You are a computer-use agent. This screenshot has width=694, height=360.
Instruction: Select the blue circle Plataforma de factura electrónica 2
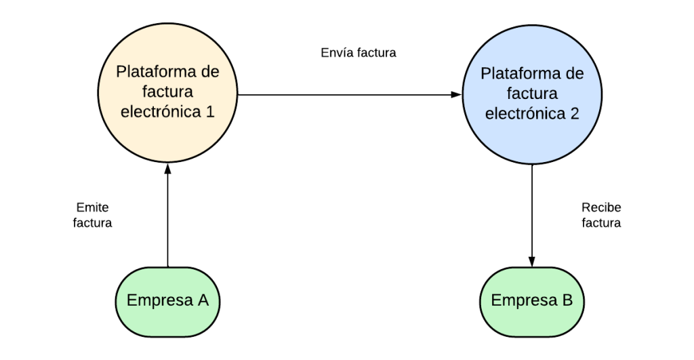coord(532,95)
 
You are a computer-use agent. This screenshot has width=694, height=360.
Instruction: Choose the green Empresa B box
coord(532,300)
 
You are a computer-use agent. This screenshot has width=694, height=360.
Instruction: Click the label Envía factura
coord(359,52)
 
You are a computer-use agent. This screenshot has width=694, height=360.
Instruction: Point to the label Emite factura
coord(92,214)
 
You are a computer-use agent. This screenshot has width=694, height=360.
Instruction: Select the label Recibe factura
coord(601,214)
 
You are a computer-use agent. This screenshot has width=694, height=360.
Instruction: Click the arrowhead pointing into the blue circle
coord(456,95)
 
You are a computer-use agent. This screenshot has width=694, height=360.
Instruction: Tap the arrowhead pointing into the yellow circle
coord(167,169)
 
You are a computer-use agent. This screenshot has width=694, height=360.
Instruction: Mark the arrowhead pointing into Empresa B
coord(532,262)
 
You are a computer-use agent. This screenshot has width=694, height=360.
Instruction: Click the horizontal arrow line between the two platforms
coord(346,95)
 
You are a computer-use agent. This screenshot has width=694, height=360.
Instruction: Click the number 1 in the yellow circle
coord(210,111)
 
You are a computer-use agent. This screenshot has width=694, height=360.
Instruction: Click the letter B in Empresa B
coord(567,300)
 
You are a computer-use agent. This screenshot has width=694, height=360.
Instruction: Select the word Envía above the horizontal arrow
coord(336,52)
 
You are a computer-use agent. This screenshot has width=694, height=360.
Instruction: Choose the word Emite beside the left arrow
coord(92,207)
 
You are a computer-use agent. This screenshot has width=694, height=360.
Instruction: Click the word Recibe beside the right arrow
coord(601,207)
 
